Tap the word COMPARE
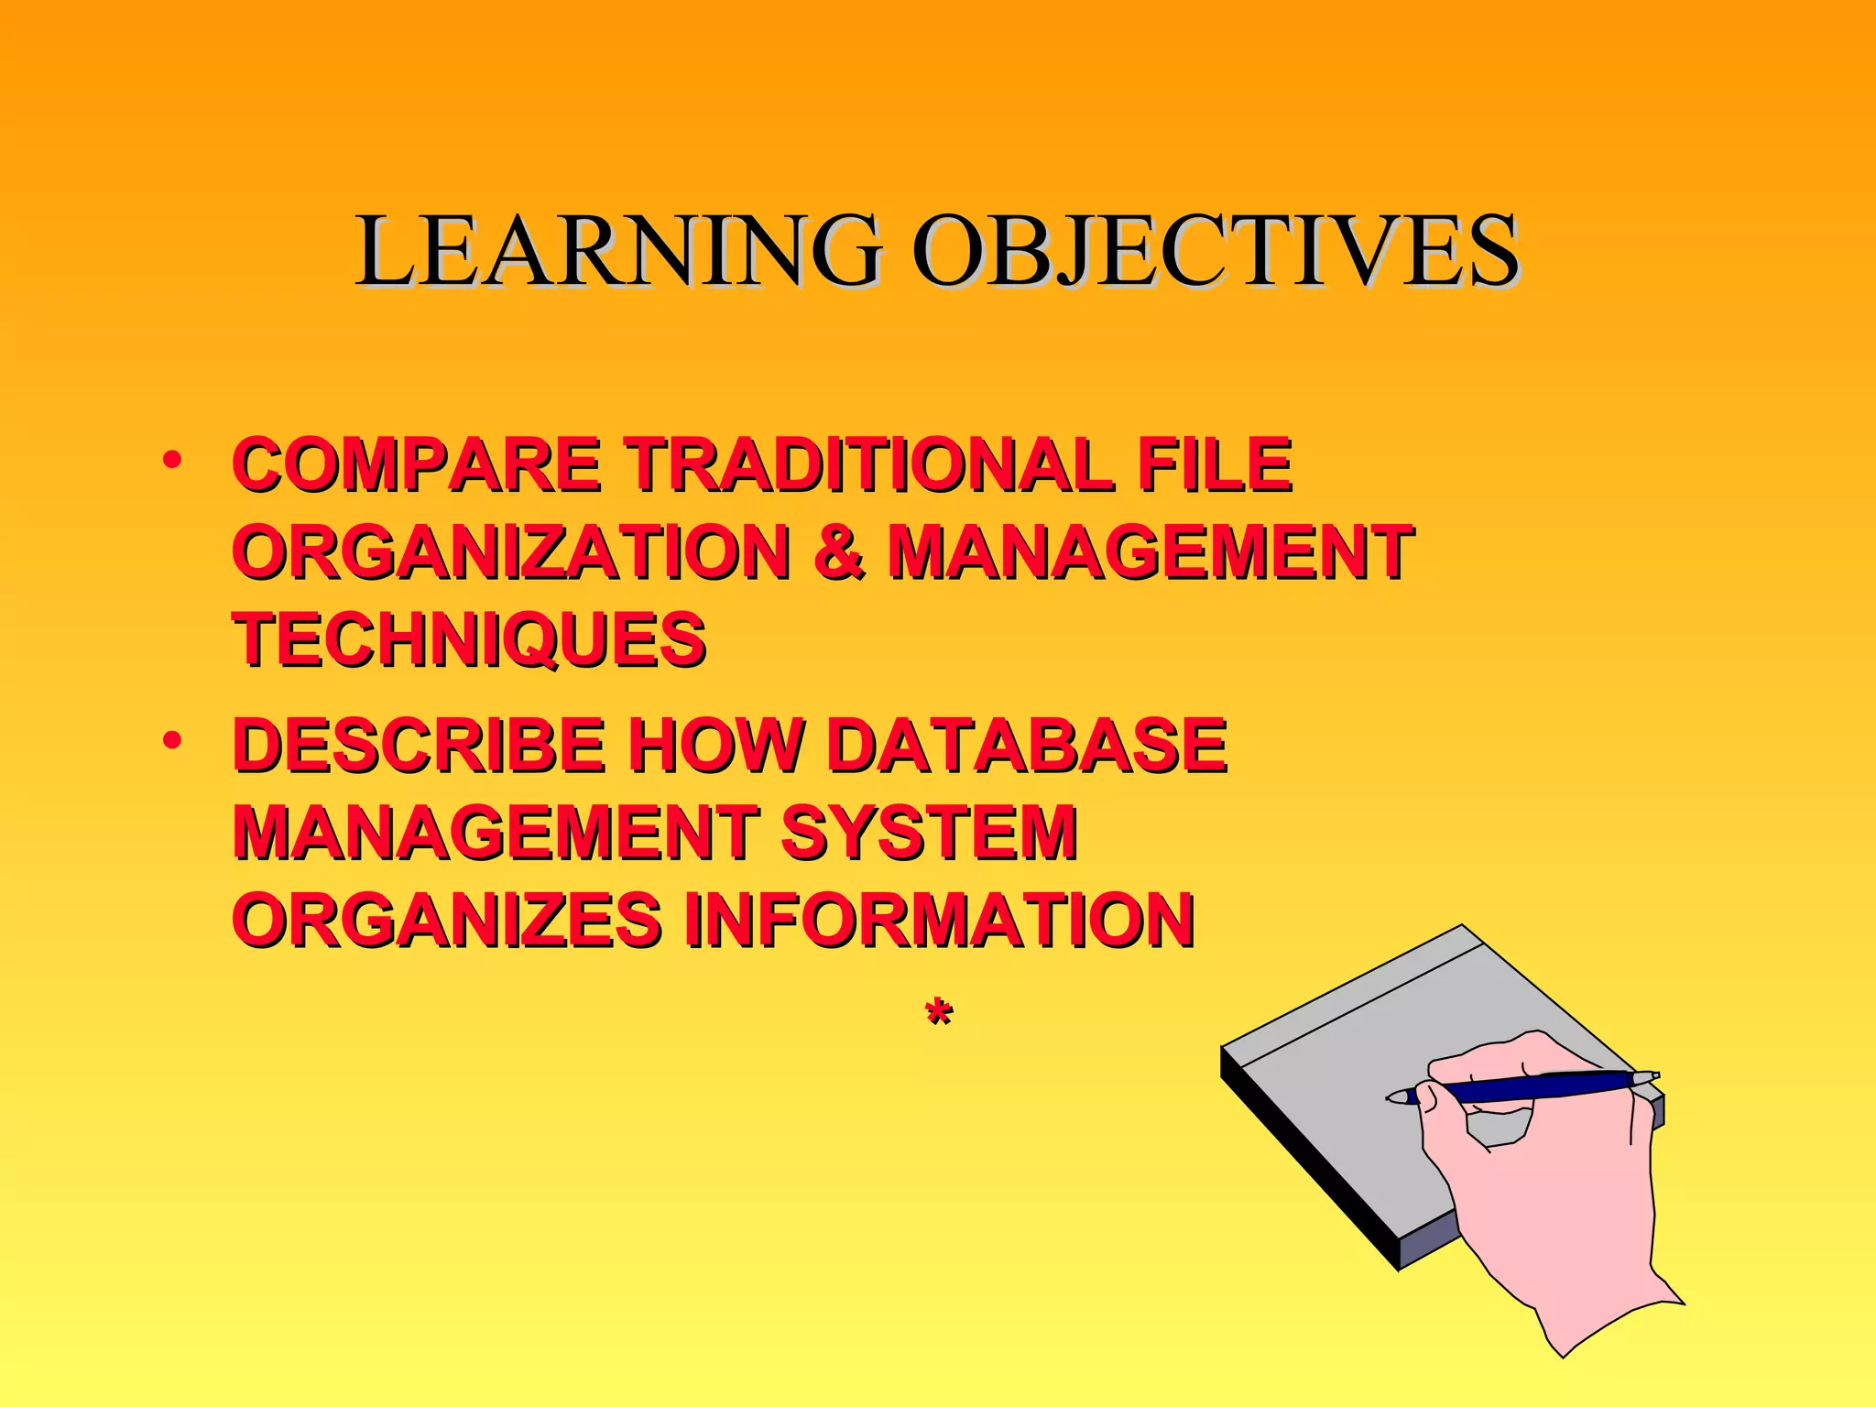tap(417, 465)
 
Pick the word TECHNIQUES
tap(469, 639)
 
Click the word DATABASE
tap(1026, 745)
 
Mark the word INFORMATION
tap(940, 919)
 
